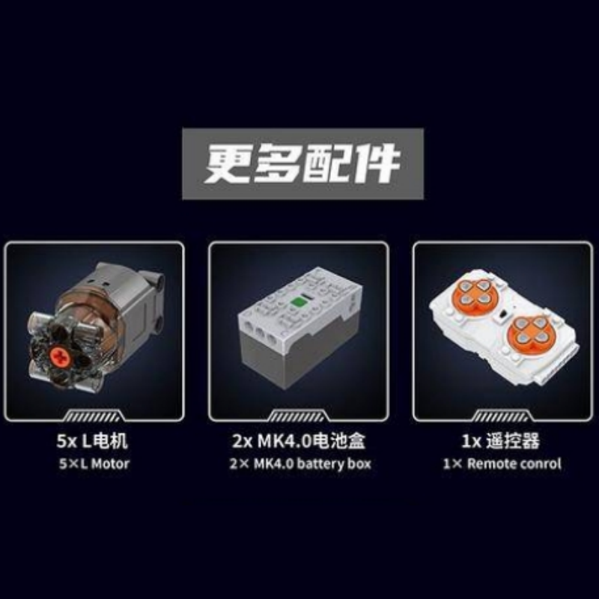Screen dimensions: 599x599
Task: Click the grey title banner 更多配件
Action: pos(302,163)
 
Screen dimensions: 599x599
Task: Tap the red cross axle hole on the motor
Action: pos(61,356)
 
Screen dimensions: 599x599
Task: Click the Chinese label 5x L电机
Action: pos(92,441)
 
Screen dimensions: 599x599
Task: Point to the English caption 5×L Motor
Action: pos(94,463)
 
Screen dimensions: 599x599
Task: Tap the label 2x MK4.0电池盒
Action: pos(299,441)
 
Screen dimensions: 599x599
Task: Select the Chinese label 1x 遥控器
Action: pos(501,441)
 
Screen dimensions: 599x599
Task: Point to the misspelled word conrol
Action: pos(541,463)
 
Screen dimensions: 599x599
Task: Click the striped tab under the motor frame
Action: pos(94,416)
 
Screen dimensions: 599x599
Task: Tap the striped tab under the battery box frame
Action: pos(298,416)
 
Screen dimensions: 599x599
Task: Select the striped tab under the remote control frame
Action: pos(502,416)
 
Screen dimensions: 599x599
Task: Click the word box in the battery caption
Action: pos(359,463)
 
